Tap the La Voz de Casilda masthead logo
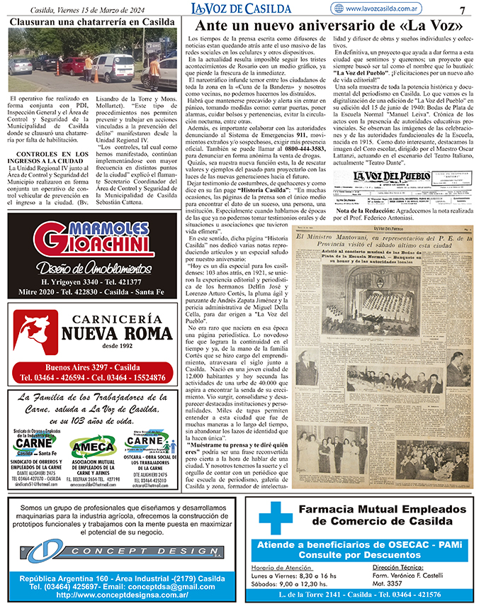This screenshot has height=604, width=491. [x=241, y=8]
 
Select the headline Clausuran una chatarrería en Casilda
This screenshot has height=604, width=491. [x=92, y=22]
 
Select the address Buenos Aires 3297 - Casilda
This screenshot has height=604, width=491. [x=92, y=367]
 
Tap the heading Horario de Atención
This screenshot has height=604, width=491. [x=282, y=568]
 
